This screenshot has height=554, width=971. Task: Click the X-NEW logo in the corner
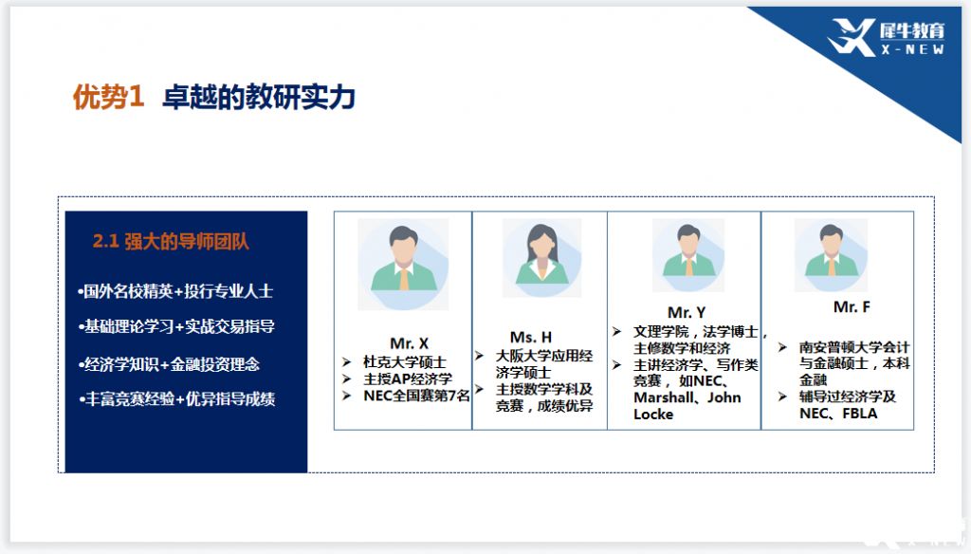coord(887,37)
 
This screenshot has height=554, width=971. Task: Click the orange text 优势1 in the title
coord(108,98)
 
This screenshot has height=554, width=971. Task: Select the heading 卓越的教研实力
coord(258,98)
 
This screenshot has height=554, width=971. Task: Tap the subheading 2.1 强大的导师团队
coord(171,241)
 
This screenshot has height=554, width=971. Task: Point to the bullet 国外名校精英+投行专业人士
coord(175,290)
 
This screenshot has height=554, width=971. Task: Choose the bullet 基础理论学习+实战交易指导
coord(176,326)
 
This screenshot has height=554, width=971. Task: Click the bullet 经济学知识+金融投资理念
coord(169,364)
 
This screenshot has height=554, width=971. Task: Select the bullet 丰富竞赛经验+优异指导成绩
coord(177,398)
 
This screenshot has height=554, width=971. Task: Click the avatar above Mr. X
coord(403,264)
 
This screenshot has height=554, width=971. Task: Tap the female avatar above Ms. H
coord(541,258)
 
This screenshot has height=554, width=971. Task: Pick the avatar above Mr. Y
coord(688,254)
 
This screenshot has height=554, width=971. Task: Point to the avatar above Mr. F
coord(831,254)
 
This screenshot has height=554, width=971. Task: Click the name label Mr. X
coord(409,343)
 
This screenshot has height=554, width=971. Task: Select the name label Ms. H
coord(531,337)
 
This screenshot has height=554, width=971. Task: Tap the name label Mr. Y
coord(687,312)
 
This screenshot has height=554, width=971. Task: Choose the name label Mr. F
coord(852,306)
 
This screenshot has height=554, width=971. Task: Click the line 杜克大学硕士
coord(404,361)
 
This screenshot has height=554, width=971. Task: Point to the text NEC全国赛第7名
coord(416,396)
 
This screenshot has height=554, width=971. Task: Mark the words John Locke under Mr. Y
coord(687,406)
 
